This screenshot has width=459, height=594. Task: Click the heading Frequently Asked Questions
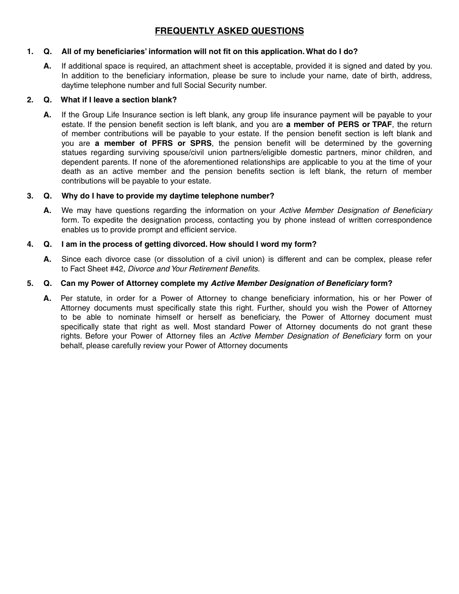(x=229, y=31)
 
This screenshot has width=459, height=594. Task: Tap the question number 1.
(x=30, y=52)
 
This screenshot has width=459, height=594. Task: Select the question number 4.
(x=30, y=244)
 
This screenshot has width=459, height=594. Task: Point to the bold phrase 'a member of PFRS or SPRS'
(x=153, y=143)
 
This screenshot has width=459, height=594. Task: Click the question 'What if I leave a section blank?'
(x=119, y=100)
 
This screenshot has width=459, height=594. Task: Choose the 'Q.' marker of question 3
(x=48, y=196)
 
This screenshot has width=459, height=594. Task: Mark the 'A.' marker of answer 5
(x=47, y=298)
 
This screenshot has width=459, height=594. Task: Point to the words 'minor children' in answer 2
(x=377, y=153)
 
